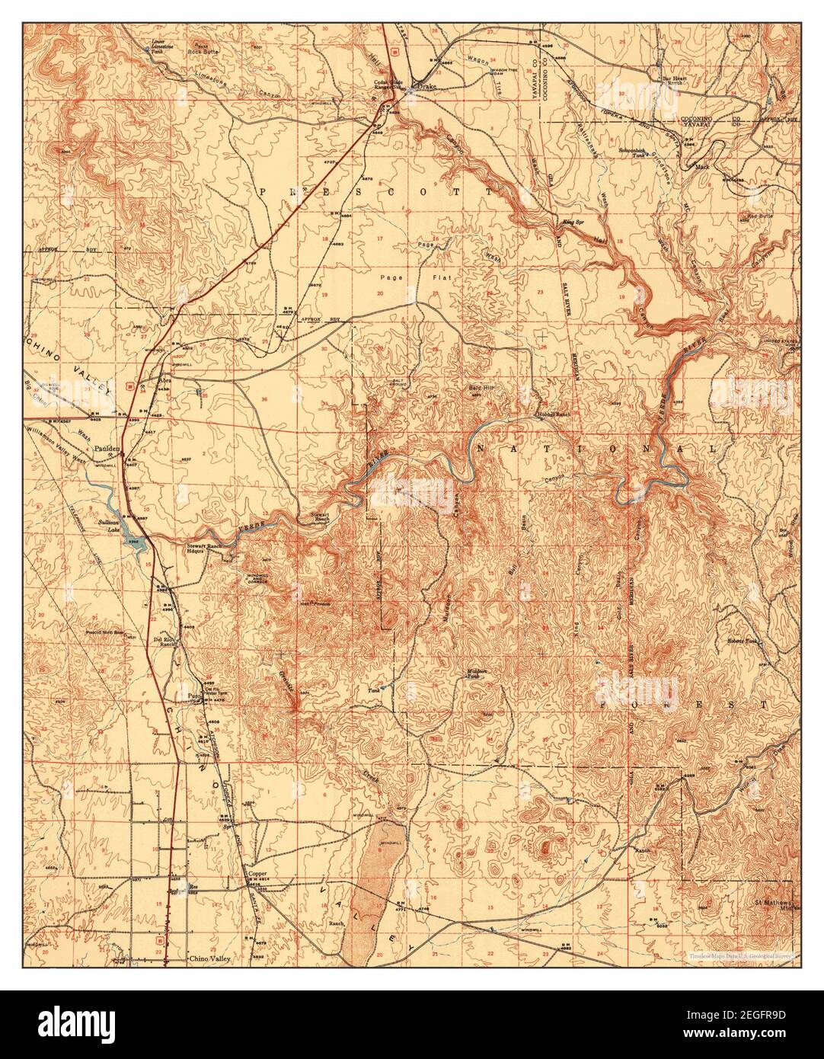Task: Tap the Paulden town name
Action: [104, 450]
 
